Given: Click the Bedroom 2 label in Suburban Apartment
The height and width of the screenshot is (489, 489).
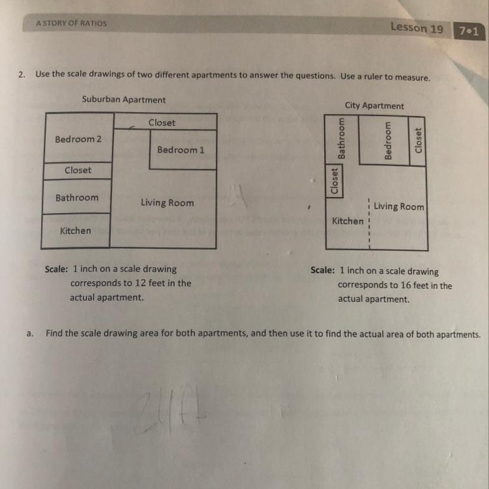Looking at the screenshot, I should pos(78,139).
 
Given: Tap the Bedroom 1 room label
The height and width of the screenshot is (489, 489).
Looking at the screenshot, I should pos(181,150).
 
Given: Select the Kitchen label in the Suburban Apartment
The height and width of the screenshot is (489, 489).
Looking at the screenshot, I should pos(76,231).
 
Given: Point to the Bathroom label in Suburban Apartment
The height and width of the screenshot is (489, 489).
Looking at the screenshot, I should pos(77,198).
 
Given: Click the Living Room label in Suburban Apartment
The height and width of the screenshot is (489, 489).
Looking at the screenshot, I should pos(167,203).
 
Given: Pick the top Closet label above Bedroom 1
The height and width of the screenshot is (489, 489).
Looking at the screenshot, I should pos(162,123).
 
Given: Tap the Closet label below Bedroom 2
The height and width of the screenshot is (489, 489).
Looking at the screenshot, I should pos(78,170).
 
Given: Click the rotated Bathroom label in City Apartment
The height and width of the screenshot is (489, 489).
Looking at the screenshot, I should pos(341,138).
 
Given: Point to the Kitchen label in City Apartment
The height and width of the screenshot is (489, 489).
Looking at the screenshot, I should pos(348,221).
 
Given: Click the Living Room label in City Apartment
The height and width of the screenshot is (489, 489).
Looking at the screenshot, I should pos(398,207).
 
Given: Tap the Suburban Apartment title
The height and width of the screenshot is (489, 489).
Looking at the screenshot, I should pos(124,100).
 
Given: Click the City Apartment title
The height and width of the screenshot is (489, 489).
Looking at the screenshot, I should pos(374,106).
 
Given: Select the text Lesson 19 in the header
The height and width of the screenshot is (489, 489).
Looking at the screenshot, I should pos(417,27).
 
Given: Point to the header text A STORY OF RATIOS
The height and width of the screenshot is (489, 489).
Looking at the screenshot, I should pos(71,23).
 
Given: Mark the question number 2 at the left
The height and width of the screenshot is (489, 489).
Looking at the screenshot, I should pos(22,74).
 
